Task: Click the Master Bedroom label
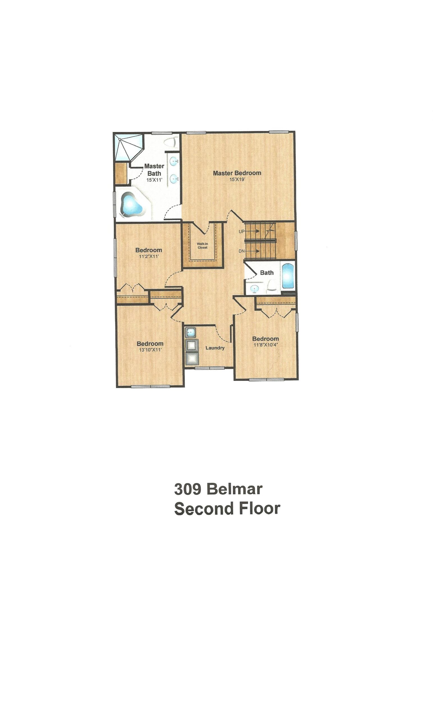point(237,173)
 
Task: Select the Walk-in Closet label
point(202,246)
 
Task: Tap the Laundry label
point(215,348)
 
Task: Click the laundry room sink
point(191,332)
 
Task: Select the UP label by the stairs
point(242,232)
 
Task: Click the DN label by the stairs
point(242,251)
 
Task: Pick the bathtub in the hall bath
point(288,275)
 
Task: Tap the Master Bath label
point(154,170)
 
